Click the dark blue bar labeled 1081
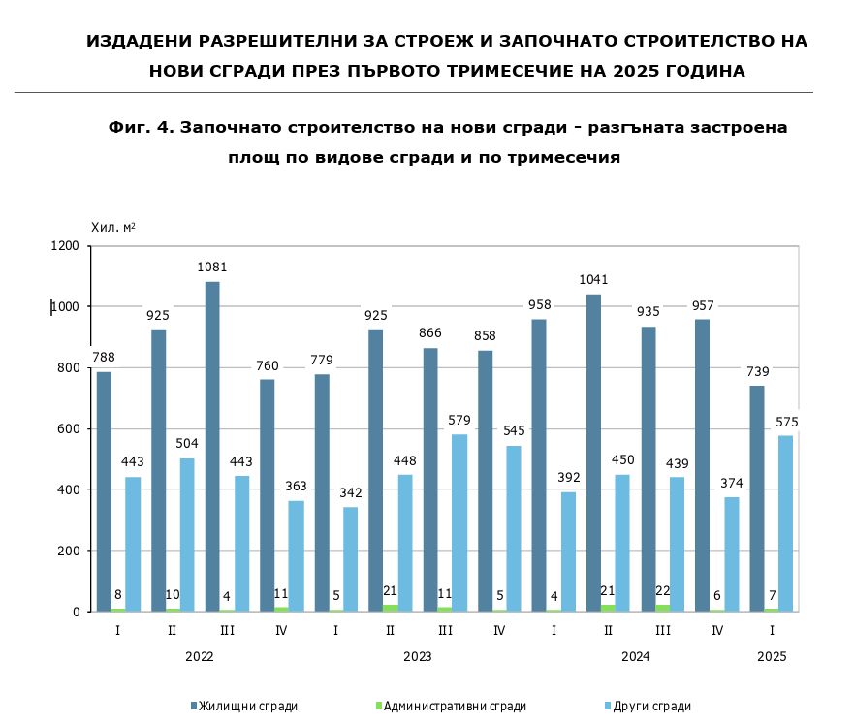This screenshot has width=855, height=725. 212,446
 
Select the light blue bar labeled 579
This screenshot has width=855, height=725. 459,522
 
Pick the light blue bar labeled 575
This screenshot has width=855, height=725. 785,523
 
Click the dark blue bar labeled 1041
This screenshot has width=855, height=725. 593,453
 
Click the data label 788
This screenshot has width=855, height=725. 104,358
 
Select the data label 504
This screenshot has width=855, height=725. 186,444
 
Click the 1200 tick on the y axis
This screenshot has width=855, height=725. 65,246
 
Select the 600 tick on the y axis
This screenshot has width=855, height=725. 69,429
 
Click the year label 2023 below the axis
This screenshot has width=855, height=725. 418,656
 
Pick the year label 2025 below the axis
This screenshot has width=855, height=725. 773,656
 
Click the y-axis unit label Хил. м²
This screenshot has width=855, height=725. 112,227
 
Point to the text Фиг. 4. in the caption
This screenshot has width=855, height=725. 141,127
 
